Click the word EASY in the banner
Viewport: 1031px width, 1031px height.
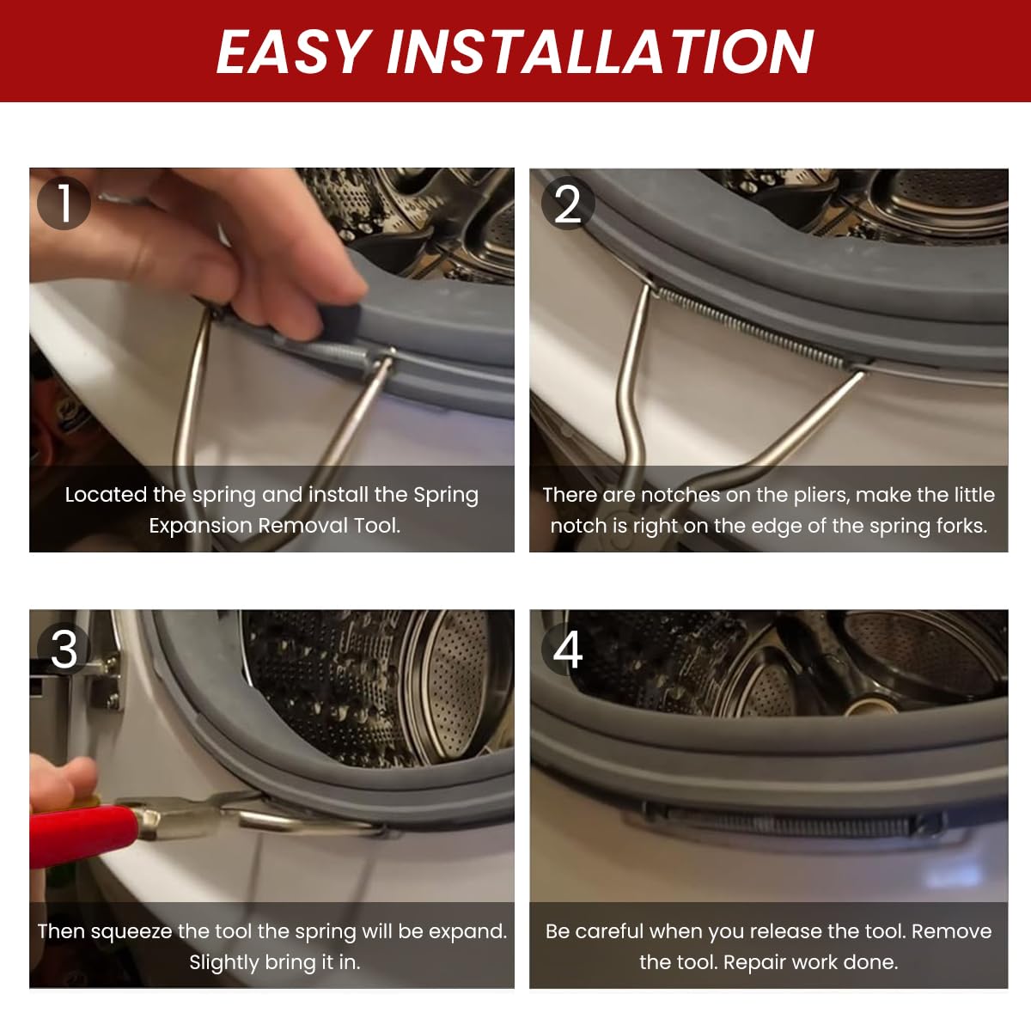pyautogui.click(x=295, y=51)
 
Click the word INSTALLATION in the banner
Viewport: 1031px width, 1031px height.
pyautogui.click(x=600, y=51)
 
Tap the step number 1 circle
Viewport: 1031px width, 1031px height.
pyautogui.click(x=64, y=204)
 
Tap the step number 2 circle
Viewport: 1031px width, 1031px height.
pyautogui.click(x=568, y=204)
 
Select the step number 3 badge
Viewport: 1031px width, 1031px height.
pyautogui.click(x=64, y=649)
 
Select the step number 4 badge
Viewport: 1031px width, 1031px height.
pyautogui.click(x=568, y=649)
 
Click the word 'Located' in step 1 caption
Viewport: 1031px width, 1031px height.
pyautogui.click(x=106, y=495)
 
